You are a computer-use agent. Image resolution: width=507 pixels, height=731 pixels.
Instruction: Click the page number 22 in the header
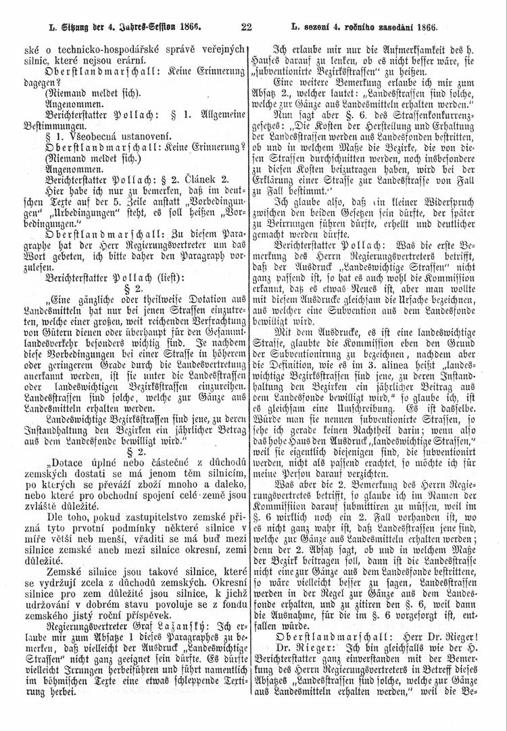(246, 28)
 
